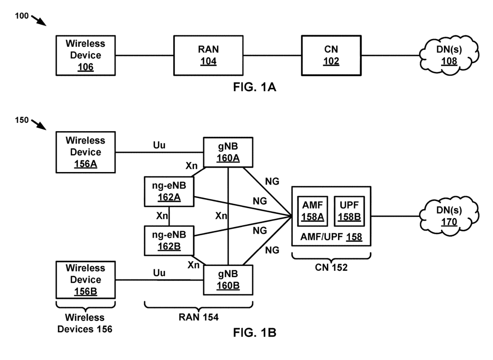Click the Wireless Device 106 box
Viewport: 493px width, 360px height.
click(85, 55)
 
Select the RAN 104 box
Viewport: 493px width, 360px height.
click(208, 55)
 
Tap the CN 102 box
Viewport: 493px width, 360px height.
click(331, 55)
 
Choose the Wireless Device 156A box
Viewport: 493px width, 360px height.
click(85, 152)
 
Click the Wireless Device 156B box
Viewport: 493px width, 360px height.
click(85, 280)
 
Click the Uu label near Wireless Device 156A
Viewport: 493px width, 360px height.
click(159, 145)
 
